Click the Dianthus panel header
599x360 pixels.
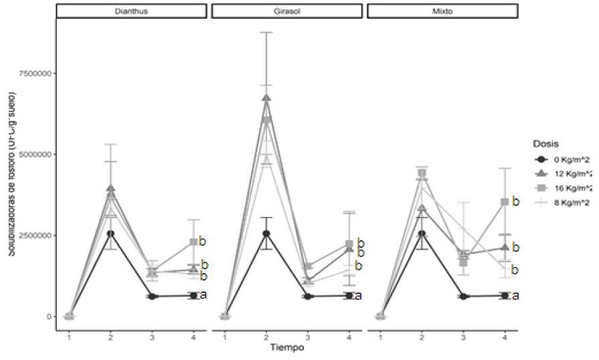131,11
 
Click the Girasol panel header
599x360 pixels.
287,11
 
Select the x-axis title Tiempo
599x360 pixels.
288,347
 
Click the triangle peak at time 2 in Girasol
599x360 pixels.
267,98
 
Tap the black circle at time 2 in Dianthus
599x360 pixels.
111,234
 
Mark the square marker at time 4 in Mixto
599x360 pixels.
505,202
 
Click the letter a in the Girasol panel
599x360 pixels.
358,296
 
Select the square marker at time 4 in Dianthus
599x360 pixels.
193,242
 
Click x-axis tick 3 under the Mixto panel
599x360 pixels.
463,337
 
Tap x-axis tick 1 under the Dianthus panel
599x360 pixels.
69,337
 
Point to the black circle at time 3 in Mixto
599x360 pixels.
463,296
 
